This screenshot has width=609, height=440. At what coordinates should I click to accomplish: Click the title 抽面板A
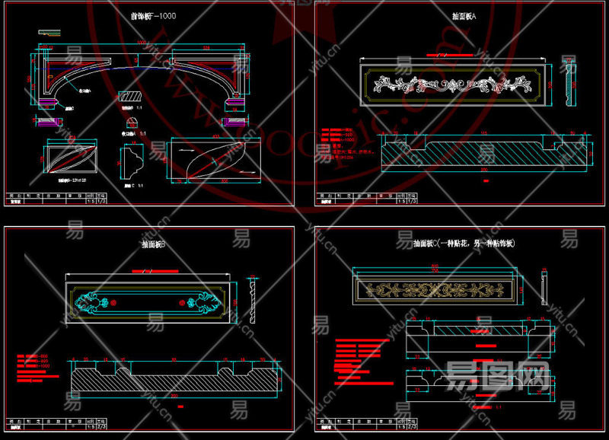(x=464, y=15)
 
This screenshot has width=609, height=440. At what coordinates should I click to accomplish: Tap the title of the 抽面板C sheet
(x=464, y=244)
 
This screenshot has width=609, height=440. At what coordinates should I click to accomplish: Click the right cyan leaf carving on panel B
(x=202, y=302)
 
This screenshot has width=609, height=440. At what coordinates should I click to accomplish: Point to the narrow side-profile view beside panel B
(x=253, y=301)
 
